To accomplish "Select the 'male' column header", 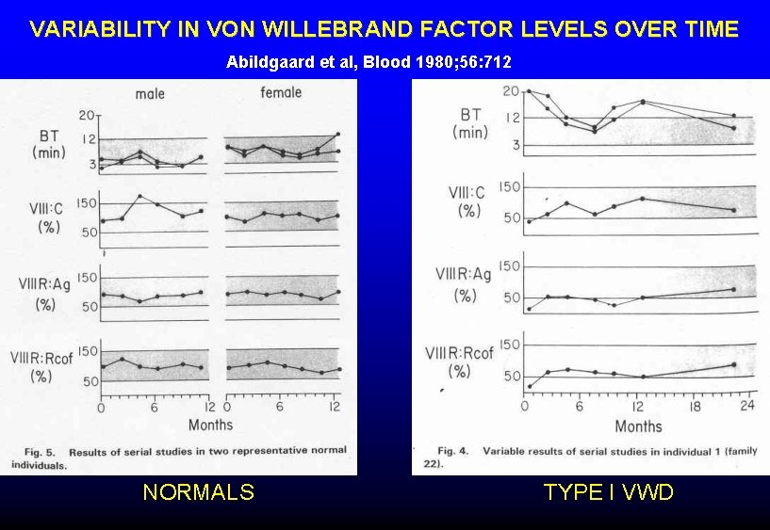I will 150,93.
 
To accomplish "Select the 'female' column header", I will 281,92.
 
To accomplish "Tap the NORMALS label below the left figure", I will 198,491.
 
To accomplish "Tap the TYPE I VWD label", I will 608,491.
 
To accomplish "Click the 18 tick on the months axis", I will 696,407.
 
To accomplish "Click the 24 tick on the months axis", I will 746,407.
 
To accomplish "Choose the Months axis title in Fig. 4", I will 638,426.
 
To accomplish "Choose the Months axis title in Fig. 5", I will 211,425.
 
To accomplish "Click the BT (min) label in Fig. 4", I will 469,123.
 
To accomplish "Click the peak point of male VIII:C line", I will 139,196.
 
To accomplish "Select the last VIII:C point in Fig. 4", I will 734,210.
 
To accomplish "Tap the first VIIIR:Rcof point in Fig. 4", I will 529,386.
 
